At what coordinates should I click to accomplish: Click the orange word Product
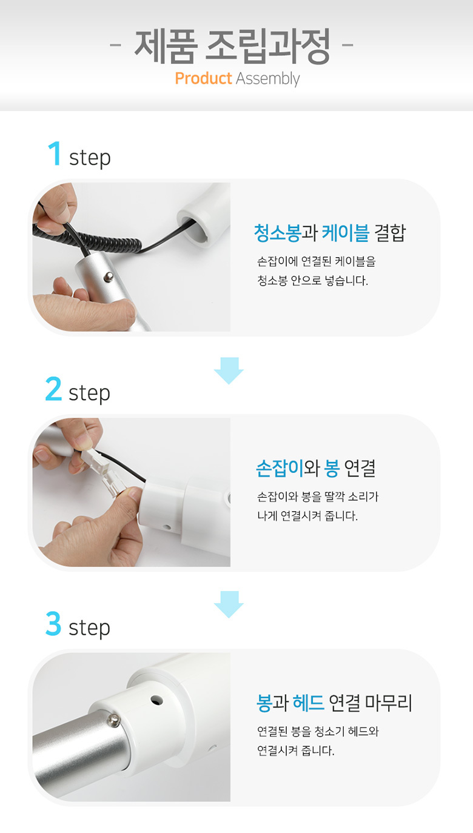coord(203,78)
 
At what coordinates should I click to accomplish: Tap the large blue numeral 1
coord(55,153)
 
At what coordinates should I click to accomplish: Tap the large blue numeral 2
coord(53,389)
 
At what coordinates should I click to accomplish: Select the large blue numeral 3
coord(53,624)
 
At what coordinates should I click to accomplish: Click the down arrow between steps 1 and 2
coord(229,371)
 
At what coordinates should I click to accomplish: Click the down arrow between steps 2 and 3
coord(229,604)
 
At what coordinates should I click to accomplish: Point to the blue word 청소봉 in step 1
coord(277,233)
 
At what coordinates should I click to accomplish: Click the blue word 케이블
coord(346,233)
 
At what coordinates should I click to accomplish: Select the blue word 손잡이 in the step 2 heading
coord(280,468)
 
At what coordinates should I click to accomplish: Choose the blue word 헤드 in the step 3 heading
coord(308,703)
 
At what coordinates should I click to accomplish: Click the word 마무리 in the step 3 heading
coord(389,703)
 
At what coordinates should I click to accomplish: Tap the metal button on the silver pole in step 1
coord(109,276)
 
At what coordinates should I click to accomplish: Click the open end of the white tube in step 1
coord(195,226)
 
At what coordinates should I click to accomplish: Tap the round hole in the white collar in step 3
coord(156,700)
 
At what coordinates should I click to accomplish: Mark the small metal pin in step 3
coord(114,721)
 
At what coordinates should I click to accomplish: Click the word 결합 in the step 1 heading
coord(390,233)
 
